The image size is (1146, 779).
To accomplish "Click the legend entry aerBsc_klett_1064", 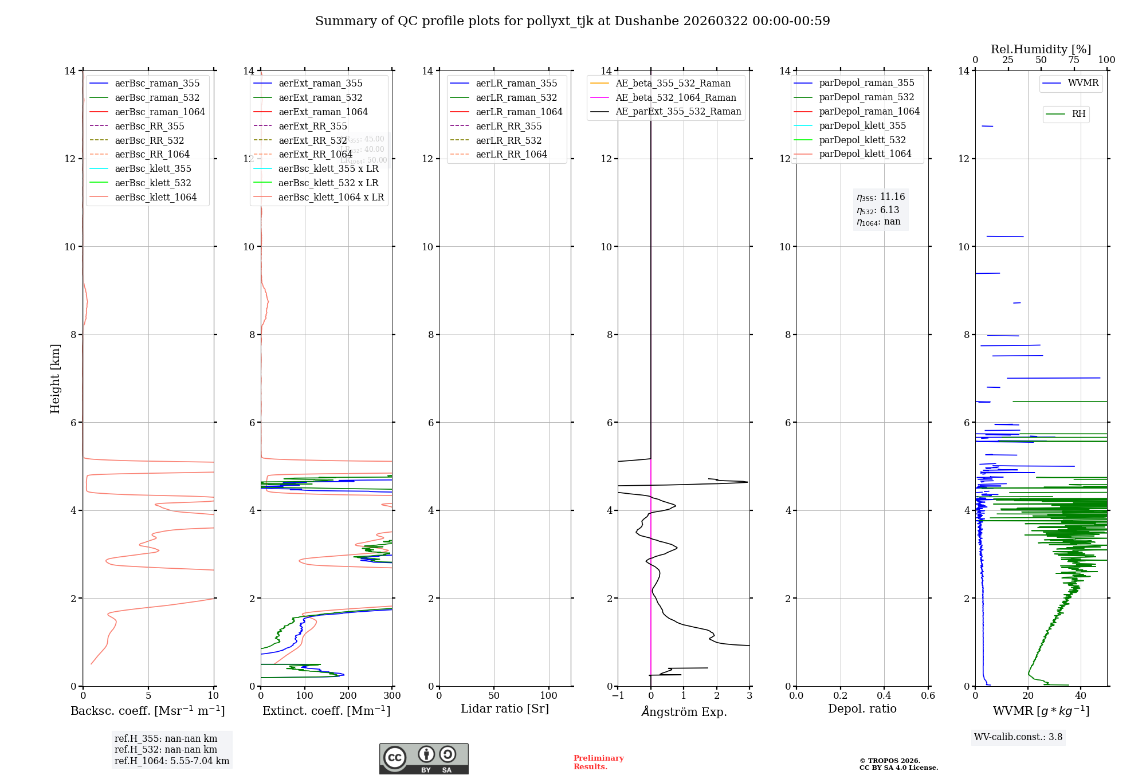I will point(155,197).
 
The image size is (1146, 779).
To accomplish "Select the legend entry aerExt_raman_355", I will point(320,84).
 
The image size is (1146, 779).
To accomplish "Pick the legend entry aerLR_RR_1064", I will point(511,155).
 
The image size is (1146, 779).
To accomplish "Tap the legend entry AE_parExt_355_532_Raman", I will point(678,112).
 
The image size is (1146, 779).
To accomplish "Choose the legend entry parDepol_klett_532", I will point(862,140).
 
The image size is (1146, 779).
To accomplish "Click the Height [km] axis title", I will point(55,378).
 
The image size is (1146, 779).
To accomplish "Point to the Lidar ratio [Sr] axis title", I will point(505,709).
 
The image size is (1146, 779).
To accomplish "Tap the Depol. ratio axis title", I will point(862,709).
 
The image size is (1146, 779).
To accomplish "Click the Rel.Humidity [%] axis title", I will point(1041,49).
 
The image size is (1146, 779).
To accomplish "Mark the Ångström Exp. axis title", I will point(684,711).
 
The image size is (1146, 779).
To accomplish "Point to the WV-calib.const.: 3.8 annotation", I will point(1018,737).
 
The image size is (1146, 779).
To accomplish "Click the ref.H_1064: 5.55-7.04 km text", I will point(172,761).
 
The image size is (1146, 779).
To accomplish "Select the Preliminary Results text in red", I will point(598,762).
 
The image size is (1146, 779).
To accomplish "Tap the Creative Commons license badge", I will point(423,758).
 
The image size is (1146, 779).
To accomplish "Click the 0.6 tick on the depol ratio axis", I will point(928,696).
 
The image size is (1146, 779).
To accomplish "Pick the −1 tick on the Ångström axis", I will point(617,696).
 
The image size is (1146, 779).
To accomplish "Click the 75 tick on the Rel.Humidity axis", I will point(1074,60).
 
